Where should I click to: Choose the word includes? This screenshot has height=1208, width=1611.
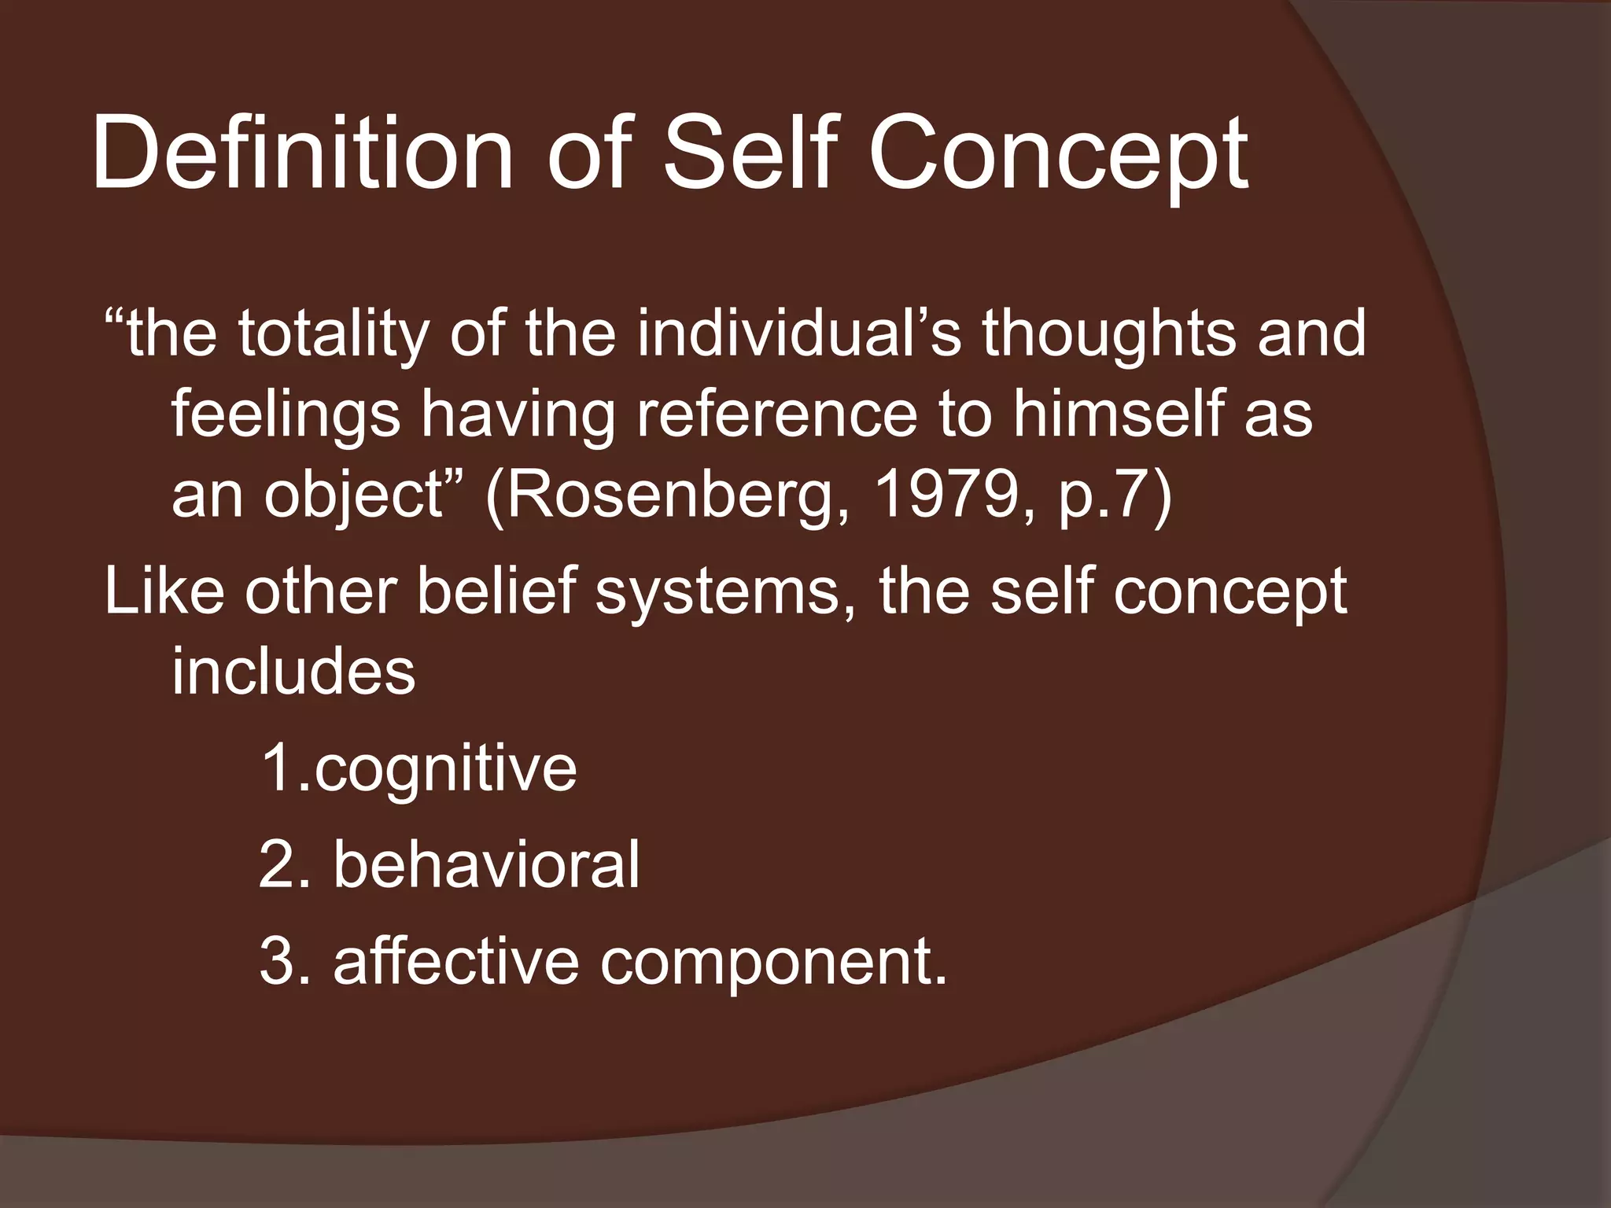[293, 672]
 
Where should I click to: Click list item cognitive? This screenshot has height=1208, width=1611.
[445, 771]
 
